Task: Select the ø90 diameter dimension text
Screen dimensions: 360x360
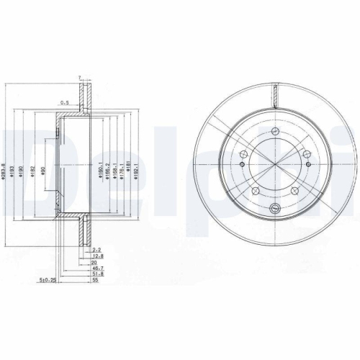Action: tap(42, 171)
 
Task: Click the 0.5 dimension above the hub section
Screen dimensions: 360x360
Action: tap(64, 102)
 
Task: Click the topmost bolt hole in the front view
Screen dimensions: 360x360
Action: tap(274, 132)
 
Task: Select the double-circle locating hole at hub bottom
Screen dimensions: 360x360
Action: tap(274, 209)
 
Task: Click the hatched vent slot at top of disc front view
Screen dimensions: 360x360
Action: tap(274, 91)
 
